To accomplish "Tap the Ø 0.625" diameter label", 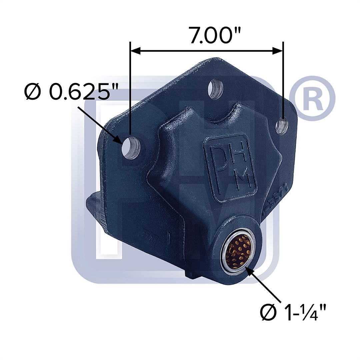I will tap(67, 92).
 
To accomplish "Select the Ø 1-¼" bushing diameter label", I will tap(293, 312).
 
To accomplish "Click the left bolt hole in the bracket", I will tap(132, 147).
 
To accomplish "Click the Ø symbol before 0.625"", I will tap(33, 92).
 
